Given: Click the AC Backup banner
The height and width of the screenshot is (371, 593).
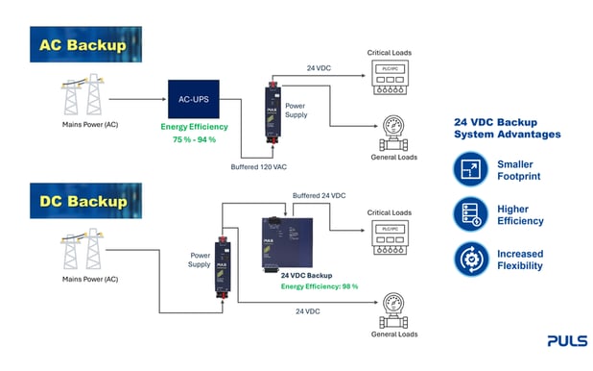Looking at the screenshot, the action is (85, 44).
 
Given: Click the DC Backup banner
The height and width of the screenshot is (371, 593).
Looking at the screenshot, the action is (85, 201).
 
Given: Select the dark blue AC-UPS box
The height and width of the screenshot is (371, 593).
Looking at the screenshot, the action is (194, 99).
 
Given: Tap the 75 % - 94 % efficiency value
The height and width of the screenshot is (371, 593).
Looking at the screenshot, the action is (194, 139).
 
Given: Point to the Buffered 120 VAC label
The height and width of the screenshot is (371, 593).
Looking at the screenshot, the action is (259, 166).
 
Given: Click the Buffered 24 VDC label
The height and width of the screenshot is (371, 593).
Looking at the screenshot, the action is (320, 195).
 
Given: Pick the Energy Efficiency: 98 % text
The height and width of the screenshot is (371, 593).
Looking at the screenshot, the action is (320, 286).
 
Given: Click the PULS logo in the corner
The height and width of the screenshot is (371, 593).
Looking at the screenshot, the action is (567, 340).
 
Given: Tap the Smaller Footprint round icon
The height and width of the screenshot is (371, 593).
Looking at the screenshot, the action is (471, 169).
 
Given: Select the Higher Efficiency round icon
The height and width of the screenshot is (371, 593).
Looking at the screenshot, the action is (471, 214).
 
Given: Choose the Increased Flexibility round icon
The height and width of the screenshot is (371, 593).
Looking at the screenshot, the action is (471, 260).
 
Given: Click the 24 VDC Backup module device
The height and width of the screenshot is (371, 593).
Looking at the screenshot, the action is (288, 244).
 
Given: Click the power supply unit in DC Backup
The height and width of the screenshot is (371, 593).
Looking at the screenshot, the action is (223, 267).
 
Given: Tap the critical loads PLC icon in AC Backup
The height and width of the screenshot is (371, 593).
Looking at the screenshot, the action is (390, 77).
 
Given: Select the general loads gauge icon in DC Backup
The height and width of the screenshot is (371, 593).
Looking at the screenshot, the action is (393, 310).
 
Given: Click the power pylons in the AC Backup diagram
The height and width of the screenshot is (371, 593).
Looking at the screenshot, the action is (83, 94).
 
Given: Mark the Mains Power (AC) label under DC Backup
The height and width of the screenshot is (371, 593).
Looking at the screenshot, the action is (90, 280).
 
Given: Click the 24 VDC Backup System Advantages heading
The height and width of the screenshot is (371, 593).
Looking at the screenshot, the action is (508, 128).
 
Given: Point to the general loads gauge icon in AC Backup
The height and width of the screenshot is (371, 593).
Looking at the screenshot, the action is (393, 134).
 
